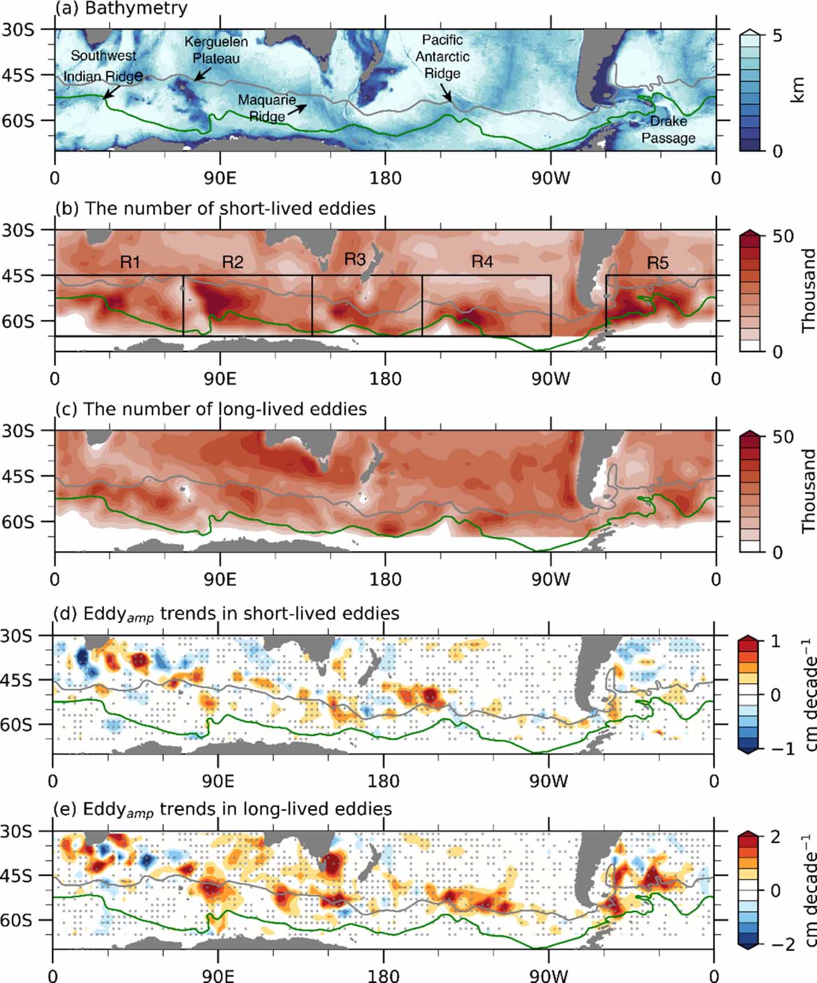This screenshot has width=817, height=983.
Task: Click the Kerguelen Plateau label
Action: point(216,50)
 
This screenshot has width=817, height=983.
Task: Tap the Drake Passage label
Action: point(668,130)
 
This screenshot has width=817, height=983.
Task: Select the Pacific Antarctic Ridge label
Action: point(442,57)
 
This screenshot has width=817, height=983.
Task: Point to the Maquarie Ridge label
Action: point(267,108)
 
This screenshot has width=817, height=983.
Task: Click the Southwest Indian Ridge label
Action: point(103,66)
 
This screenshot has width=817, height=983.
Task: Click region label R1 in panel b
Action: point(130,262)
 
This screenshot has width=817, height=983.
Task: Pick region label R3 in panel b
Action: point(355,259)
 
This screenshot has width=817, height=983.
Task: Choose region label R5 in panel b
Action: point(658,263)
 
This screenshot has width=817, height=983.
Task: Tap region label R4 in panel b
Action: point(482,262)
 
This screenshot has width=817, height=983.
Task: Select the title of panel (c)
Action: point(210,409)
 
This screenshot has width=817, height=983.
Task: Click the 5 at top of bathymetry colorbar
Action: point(777,36)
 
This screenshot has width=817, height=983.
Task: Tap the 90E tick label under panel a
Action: point(220,178)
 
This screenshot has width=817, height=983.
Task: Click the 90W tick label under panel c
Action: point(550,579)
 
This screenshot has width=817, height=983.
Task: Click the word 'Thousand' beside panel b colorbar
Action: point(808,290)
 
